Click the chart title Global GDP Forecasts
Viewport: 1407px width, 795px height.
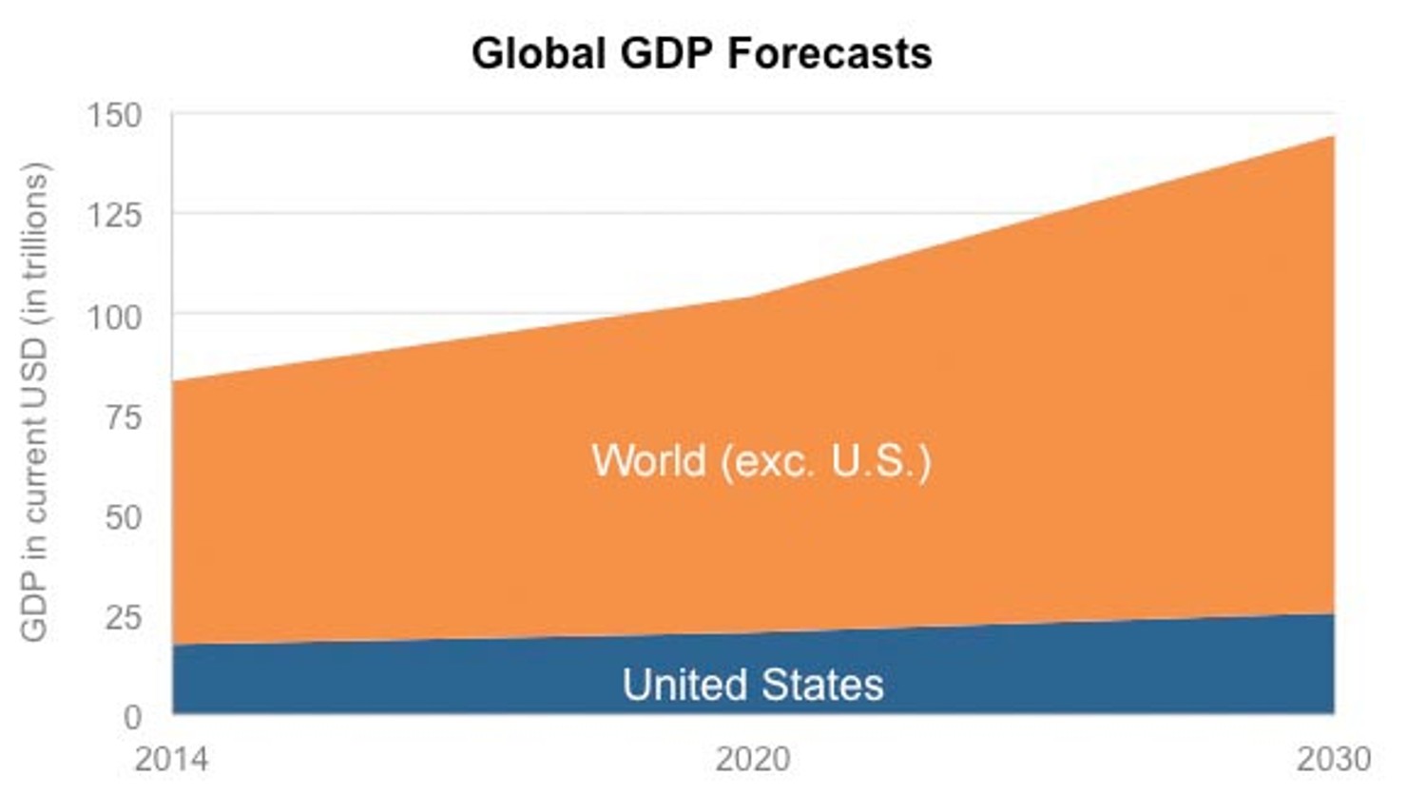[x=702, y=53]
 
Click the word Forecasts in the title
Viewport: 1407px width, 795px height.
[x=829, y=53]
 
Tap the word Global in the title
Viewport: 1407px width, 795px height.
[x=538, y=53]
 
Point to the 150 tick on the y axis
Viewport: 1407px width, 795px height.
[x=114, y=116]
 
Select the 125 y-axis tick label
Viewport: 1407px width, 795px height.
[x=114, y=216]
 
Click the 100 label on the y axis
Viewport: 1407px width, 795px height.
[x=114, y=317]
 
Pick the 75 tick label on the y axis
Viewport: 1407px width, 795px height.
[x=123, y=417]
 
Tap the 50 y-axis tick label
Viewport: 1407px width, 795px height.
[x=123, y=517]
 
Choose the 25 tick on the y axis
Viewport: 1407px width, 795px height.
[x=123, y=618]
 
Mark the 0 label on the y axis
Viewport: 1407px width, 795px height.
[x=132, y=717]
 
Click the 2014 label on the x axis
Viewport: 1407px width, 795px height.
[x=172, y=760]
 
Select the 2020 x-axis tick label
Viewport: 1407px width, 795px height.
[x=753, y=760]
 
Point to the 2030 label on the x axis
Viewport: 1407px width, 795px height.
[x=1334, y=760]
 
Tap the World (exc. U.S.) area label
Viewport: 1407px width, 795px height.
[x=761, y=461]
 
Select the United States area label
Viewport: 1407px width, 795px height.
[x=753, y=685]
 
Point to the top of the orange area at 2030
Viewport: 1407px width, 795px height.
[x=1333, y=137]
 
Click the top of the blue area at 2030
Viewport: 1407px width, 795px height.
[x=1333, y=614]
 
